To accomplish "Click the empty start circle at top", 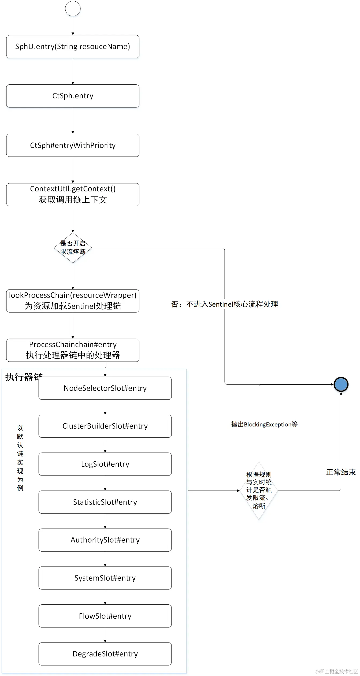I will coord(73,9).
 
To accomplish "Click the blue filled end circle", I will coord(341,384).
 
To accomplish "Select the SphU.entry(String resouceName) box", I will coord(73,47).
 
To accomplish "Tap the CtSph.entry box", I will coord(73,96).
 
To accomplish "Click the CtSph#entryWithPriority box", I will coord(73,145).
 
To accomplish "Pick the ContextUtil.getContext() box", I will coord(73,195).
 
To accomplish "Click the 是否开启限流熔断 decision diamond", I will coord(73,248).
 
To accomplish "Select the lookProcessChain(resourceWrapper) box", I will coord(73,301).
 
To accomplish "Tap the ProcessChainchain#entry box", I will coord(73,350).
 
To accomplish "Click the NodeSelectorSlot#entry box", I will coord(105,388).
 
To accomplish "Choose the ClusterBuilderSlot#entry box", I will coord(105,426).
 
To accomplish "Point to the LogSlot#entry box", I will coord(105,464).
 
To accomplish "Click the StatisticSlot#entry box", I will coord(105,502).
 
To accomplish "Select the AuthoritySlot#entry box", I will coord(105,540).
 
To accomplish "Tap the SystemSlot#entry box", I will coord(105,578).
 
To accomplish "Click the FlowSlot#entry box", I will coord(105,616).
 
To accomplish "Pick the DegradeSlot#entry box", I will coord(105,654).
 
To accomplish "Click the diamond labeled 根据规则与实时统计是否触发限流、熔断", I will coord(259,491).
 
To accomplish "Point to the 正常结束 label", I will coord(341,472).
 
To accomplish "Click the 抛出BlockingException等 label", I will coord(264,424).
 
